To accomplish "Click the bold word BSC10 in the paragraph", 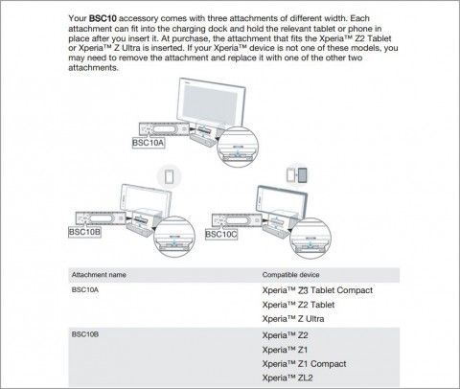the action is coord(103,18).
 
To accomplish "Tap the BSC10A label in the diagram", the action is coord(149,143).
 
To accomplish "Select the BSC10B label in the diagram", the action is coord(84,232).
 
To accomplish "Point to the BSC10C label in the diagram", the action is coord(221,235).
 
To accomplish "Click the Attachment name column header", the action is coord(99,275).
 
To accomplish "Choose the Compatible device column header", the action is coord(290,275).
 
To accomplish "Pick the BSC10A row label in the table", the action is coord(85,290).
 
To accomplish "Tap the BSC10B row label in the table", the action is coord(85,334).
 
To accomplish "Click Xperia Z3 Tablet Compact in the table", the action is coord(317,290).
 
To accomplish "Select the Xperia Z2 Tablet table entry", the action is coord(298,305).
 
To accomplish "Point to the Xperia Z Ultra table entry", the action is coord(293,319).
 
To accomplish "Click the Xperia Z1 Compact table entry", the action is coord(304,364).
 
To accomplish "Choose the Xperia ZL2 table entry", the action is coord(287,378).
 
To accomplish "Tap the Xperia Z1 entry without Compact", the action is coord(285,350).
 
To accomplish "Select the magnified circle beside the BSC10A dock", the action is coord(238,146).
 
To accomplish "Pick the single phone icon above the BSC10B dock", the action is coord(170,176).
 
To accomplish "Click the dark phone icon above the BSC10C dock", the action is coord(302,175).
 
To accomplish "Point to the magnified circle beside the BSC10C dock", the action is coord(310,239).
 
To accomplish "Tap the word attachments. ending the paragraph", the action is coord(93,68).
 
